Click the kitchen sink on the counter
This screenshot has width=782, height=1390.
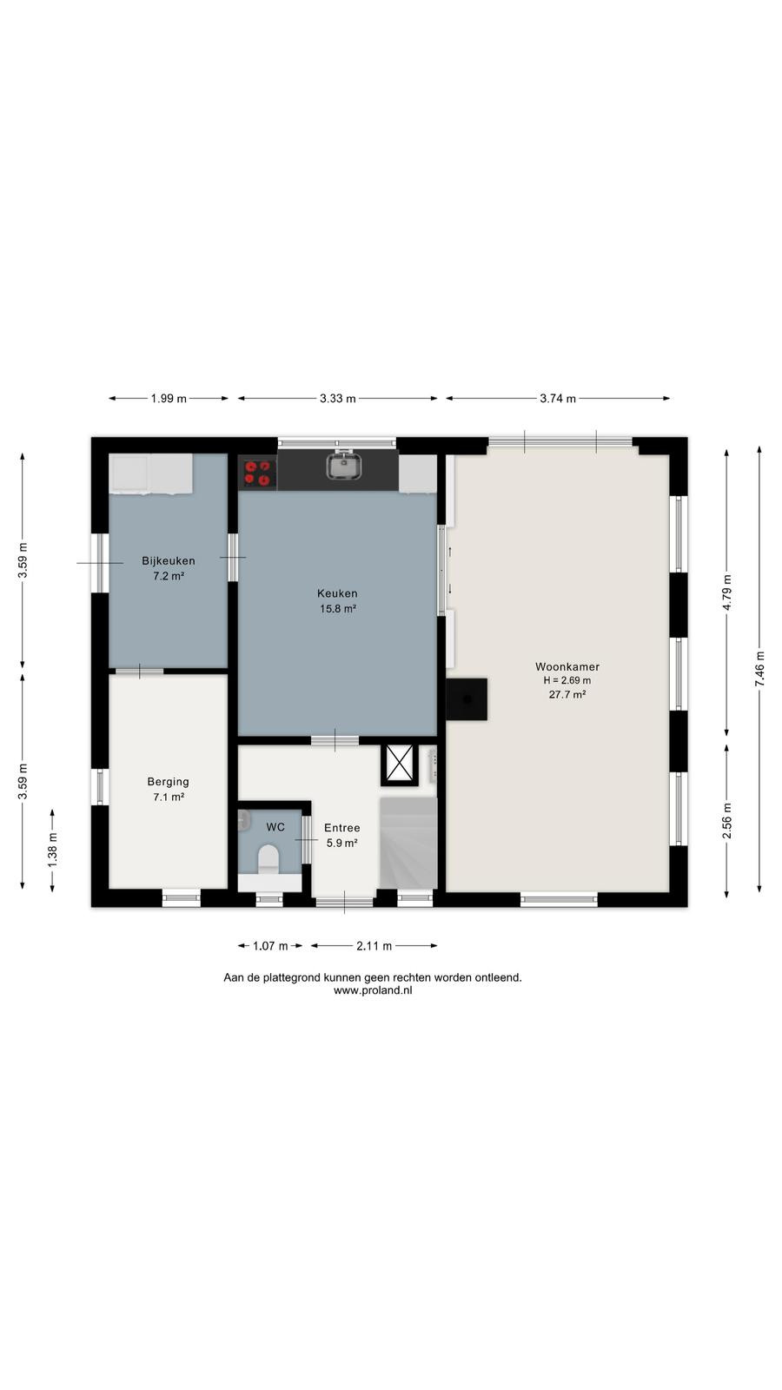pyautogui.click(x=345, y=466)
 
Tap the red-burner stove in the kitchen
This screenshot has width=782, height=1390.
pyautogui.click(x=258, y=473)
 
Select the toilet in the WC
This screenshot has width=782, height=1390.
pyautogui.click(x=268, y=859)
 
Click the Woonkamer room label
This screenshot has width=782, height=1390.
pyautogui.click(x=567, y=667)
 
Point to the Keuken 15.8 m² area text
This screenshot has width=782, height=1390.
pyautogui.click(x=338, y=609)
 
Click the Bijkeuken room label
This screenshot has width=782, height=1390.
pyautogui.click(x=169, y=561)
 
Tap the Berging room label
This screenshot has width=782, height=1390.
pyautogui.click(x=169, y=782)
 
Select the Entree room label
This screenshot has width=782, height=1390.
pyautogui.click(x=342, y=828)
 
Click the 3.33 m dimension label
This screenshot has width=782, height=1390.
pyautogui.click(x=338, y=399)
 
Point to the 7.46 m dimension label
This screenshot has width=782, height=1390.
pyautogui.click(x=759, y=668)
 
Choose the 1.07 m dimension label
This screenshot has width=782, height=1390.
pyautogui.click(x=270, y=946)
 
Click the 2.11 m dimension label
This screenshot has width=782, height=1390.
pyautogui.click(x=374, y=946)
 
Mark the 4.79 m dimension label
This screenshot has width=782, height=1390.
pyautogui.click(x=727, y=592)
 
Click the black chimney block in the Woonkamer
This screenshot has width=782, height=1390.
pyautogui.click(x=466, y=699)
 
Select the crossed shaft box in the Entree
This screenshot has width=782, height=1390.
pyautogui.click(x=400, y=764)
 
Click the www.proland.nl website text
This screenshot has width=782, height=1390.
pyautogui.click(x=373, y=991)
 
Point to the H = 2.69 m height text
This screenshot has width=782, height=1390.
pyautogui.click(x=567, y=681)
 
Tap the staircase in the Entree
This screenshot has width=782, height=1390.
pyautogui.click(x=408, y=844)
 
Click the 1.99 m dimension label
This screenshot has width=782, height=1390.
pyautogui.click(x=169, y=399)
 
